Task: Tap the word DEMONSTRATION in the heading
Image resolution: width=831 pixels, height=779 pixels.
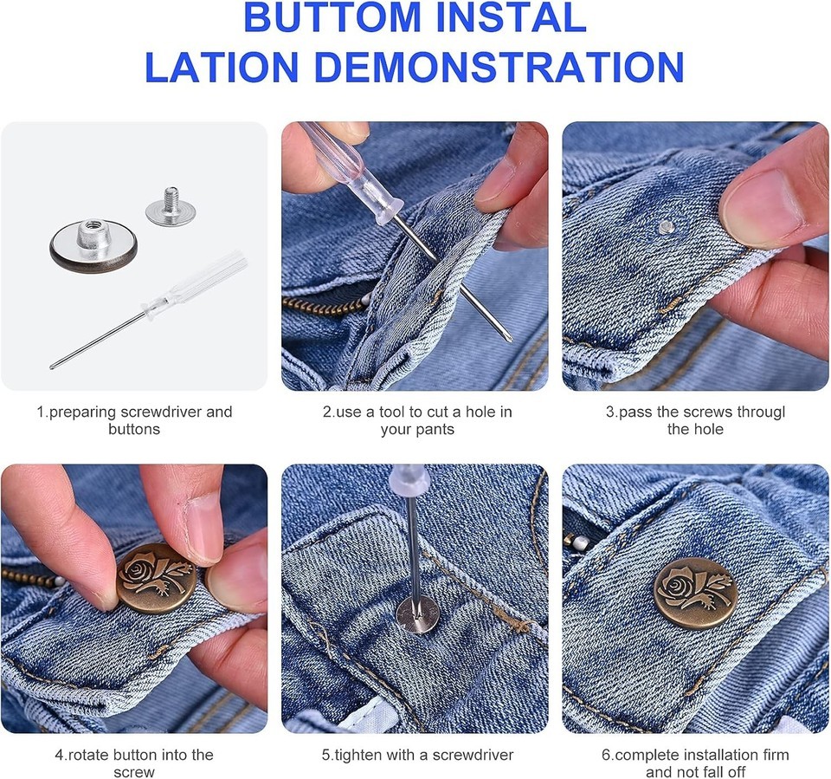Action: pos(499,68)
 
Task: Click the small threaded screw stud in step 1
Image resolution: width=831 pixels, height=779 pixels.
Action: pos(171,206)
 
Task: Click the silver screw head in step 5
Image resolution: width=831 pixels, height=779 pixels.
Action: pos(417,615)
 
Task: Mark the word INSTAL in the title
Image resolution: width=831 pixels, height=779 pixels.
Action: pos(511,17)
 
